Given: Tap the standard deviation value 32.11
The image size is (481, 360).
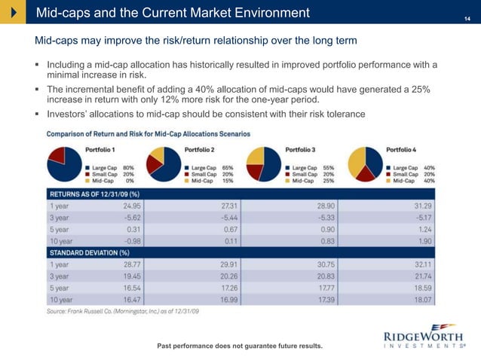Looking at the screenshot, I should pos(423,264).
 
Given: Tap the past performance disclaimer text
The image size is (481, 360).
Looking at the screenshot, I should pos(239,346).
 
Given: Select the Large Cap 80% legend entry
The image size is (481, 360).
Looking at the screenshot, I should pos(111,167).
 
